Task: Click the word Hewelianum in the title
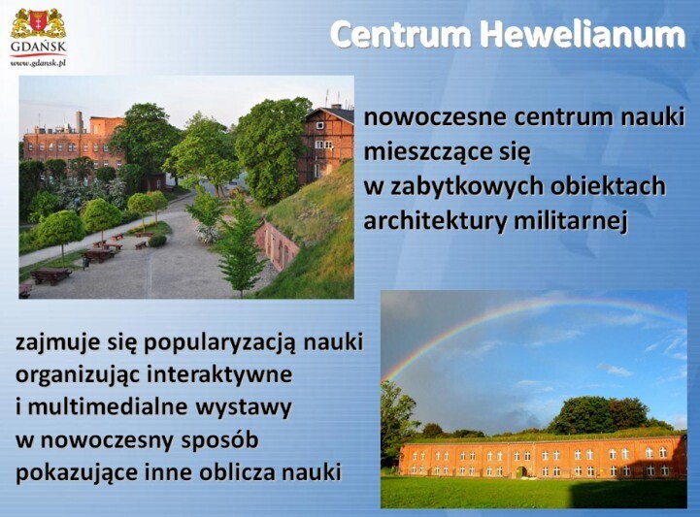click(583, 34)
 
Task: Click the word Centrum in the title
click(401, 35)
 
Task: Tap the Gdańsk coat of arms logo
click(38, 24)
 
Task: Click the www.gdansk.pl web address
click(38, 63)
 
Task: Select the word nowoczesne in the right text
click(435, 117)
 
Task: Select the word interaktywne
click(219, 374)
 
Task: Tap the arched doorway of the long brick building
click(520, 471)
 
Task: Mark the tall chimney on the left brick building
click(79, 122)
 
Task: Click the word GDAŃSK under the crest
click(38, 47)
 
